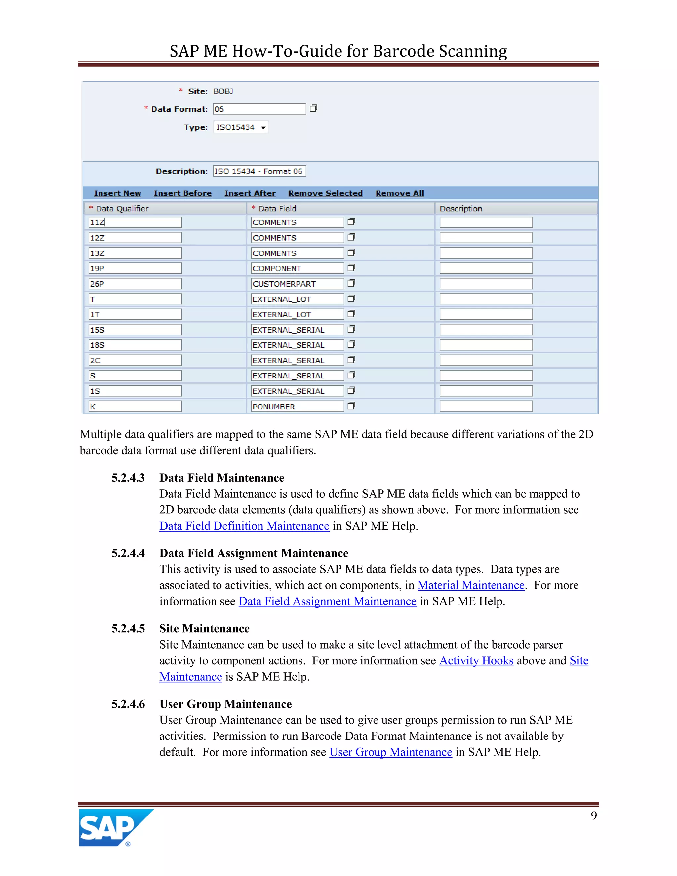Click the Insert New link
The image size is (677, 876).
[x=117, y=193]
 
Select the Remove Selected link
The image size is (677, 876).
[x=325, y=193]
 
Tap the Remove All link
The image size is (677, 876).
[x=399, y=193]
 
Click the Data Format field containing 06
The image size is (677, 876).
[x=259, y=109]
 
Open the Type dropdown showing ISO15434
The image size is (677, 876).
[x=241, y=127]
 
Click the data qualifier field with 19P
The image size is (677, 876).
[x=135, y=268]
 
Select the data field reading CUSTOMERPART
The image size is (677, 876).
[x=297, y=284]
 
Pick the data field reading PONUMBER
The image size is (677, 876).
[x=297, y=406]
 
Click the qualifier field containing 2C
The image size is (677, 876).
[x=135, y=360]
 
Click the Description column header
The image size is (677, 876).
[x=461, y=209]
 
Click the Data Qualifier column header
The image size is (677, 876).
[x=122, y=209]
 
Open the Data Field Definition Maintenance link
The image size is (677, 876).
[x=244, y=526]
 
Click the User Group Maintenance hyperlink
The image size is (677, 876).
[x=391, y=752]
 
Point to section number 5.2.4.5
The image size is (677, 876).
[x=128, y=628]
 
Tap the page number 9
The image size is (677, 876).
[x=594, y=816]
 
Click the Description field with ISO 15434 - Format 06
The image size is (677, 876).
[x=259, y=171]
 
